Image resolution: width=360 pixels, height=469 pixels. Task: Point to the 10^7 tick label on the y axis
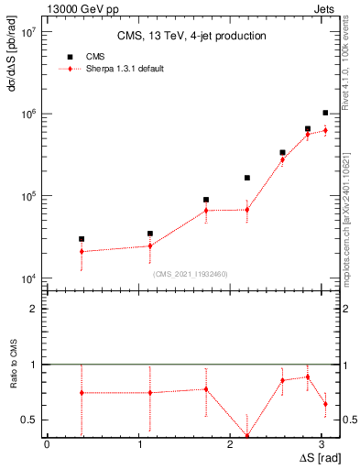tap(27, 31)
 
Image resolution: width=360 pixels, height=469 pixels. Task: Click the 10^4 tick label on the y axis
tap(27, 278)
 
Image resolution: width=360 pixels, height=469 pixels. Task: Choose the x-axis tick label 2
tap(235, 444)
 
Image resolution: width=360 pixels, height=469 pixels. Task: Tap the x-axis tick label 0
tap(47, 444)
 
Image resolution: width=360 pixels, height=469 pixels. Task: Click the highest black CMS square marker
tap(325, 113)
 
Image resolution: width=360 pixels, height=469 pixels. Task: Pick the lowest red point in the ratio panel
tap(246, 436)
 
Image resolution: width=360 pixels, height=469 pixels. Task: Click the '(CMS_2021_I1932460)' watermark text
tap(191, 273)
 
